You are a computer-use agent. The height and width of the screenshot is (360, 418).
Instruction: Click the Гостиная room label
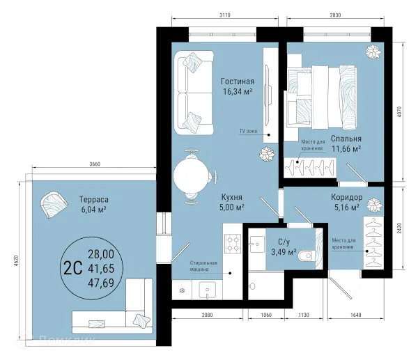[238, 81]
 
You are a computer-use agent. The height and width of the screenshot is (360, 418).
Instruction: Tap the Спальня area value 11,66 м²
[346, 148]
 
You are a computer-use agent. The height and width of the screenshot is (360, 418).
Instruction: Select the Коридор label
[346, 197]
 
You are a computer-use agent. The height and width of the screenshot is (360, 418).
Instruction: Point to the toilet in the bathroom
[306, 256]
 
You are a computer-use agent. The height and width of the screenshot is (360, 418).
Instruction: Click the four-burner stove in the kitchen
[233, 244]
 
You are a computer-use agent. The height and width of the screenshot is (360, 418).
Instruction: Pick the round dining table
[190, 176]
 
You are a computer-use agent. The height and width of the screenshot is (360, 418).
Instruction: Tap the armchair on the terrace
[54, 204]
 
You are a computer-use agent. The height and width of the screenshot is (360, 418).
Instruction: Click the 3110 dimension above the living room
[225, 15]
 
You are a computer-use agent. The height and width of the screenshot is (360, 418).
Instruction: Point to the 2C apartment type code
[73, 268]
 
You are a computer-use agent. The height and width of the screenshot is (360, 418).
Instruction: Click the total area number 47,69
[101, 283]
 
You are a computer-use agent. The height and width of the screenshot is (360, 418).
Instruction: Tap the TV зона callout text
[248, 131]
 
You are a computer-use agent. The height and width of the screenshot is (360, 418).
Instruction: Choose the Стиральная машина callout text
[203, 266]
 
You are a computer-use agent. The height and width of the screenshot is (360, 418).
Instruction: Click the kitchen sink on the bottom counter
[207, 290]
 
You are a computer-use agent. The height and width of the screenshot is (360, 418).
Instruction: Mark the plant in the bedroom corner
[373, 52]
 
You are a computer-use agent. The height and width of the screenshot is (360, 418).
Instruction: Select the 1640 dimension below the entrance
[355, 315]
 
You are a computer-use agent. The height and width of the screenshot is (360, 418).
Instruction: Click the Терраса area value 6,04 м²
[94, 210]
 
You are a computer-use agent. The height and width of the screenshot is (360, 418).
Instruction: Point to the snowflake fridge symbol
[182, 290]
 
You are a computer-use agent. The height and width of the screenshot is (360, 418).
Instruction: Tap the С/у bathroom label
[284, 242]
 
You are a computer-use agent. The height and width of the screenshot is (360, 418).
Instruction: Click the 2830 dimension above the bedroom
[335, 15]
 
